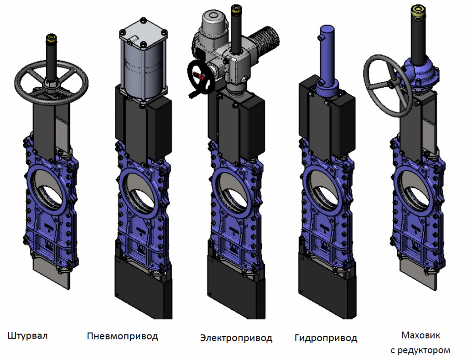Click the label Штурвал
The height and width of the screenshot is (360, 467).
(x=27, y=336)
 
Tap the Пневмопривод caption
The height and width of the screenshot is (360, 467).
(x=122, y=336)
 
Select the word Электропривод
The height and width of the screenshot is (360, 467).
(x=236, y=338)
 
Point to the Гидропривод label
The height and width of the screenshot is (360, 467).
(x=326, y=338)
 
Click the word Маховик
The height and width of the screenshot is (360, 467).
(x=420, y=335)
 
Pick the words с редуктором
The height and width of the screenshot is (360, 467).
(x=420, y=350)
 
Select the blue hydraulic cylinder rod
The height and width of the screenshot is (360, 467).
(x=327, y=54)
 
